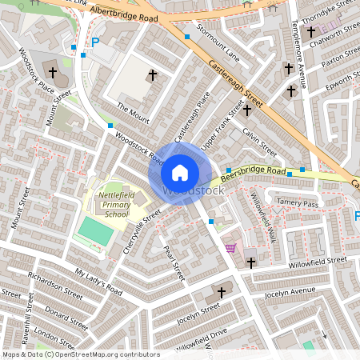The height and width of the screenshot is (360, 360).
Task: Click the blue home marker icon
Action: pos(180,173)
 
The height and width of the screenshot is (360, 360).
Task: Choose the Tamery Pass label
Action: pos(297,204)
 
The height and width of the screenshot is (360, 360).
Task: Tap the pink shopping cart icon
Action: pos(232,248)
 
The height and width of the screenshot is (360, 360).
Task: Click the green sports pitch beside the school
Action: pos(95,232)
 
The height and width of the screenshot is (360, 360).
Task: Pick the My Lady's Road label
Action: pos(98,282)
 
